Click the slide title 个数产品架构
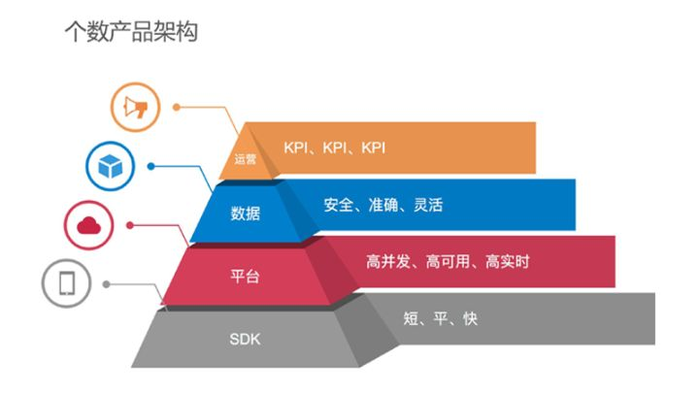click(x=130, y=31)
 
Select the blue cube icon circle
click(x=109, y=166)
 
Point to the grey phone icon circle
click(x=67, y=283)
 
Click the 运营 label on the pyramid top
click(x=246, y=159)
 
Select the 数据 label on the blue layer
click(x=245, y=213)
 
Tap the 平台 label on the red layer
click(x=245, y=276)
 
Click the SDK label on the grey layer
click(x=245, y=340)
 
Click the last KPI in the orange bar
click(x=374, y=147)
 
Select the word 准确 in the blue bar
click(x=383, y=205)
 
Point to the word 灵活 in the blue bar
click(x=428, y=205)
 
